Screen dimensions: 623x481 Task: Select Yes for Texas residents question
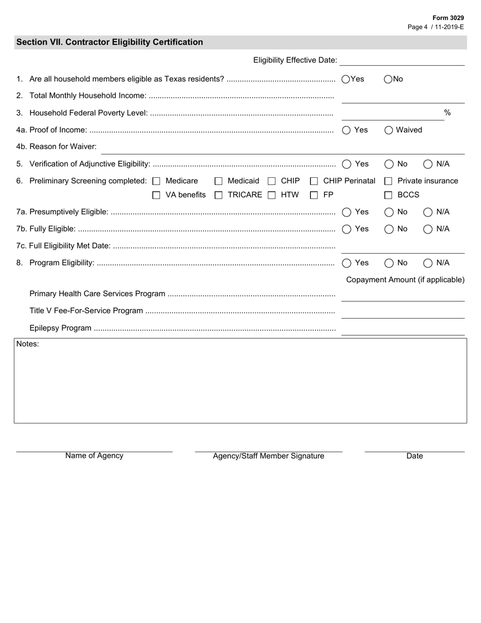click(346, 79)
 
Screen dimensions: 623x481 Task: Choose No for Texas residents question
click(388, 79)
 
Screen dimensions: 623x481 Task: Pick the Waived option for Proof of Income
click(389, 130)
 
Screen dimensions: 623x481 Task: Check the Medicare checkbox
click(156, 181)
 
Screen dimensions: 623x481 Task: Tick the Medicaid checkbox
click(219, 181)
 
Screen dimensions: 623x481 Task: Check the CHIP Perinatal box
click(314, 181)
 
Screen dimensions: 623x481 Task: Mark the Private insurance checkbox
click(388, 181)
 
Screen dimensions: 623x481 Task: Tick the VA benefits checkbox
click(156, 195)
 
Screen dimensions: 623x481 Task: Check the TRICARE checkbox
click(219, 195)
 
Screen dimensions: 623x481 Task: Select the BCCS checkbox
click(388, 195)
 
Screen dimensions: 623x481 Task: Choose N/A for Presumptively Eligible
click(428, 212)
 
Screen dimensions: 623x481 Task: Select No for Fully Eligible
click(389, 229)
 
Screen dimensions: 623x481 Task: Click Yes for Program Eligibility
click(347, 263)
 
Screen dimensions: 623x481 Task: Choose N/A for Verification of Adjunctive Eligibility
click(428, 164)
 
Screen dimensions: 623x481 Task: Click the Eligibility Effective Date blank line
click(402, 61)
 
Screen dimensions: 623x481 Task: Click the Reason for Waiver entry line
click(283, 149)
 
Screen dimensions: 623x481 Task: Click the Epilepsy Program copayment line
click(403, 331)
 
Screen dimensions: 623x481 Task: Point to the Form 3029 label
click(448, 18)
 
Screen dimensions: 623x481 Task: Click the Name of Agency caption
click(94, 456)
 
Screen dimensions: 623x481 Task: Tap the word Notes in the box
click(27, 344)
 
